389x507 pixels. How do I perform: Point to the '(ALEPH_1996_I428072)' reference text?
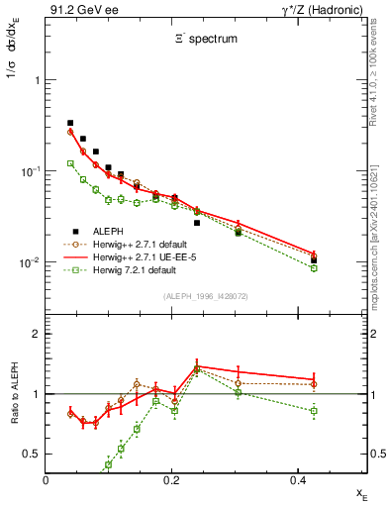click(x=205, y=296)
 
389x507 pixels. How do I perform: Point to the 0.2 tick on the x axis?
click(x=172, y=480)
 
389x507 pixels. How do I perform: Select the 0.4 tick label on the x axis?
click(x=298, y=480)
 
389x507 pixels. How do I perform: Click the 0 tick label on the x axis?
click(x=47, y=480)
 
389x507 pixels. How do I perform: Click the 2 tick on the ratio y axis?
click(x=36, y=334)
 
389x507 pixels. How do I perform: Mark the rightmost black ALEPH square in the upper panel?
click(x=314, y=260)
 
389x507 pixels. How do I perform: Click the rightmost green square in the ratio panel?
click(x=314, y=410)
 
